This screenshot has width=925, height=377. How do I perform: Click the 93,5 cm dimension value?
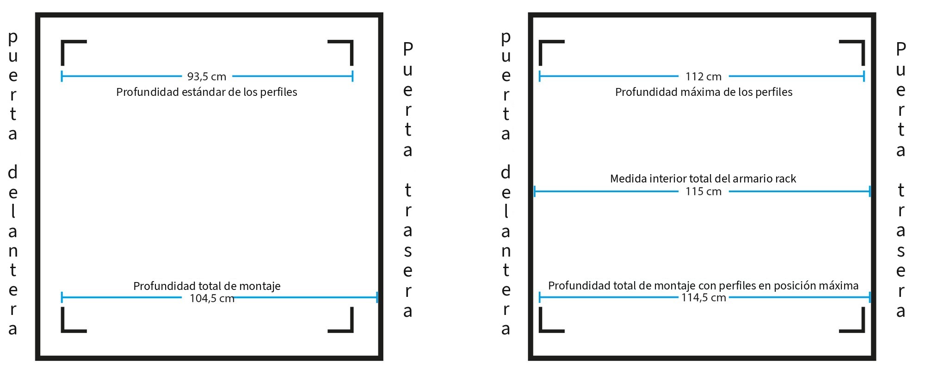[x=207, y=76]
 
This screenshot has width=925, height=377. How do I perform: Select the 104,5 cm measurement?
[x=212, y=298]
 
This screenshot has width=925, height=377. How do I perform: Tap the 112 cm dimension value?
[x=703, y=76]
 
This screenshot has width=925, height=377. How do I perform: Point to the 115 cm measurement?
[x=703, y=191]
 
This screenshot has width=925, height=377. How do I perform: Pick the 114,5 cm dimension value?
[x=703, y=297]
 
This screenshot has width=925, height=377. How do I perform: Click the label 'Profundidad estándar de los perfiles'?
[x=207, y=92]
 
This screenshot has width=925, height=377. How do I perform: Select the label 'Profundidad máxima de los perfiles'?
[x=703, y=92]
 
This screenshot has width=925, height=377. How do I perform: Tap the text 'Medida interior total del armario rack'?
[x=703, y=179]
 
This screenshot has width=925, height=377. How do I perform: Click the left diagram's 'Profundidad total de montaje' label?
[x=207, y=286]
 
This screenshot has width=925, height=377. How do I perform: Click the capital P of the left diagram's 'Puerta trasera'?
[x=408, y=48]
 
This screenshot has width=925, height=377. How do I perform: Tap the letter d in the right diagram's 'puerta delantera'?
[x=506, y=172]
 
